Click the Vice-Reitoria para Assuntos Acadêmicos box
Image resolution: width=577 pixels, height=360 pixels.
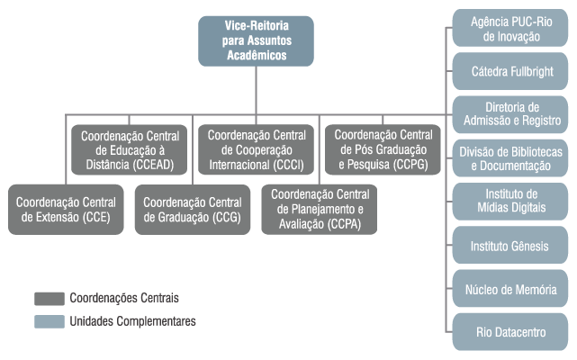[x=256, y=40]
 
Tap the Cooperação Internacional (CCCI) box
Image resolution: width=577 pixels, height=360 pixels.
[x=256, y=149]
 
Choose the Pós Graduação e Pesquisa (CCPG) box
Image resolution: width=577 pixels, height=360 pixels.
[x=382, y=149]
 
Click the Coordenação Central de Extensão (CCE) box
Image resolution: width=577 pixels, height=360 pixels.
[x=66, y=209]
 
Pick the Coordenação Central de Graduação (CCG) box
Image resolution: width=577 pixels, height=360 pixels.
[x=193, y=209]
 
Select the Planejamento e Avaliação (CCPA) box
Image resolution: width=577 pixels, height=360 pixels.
[x=319, y=209]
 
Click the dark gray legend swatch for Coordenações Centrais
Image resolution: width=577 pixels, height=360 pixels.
[x=49, y=298]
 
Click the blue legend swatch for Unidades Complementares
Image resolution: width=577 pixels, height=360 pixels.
[x=49, y=321]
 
